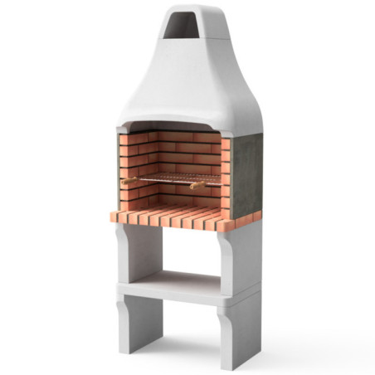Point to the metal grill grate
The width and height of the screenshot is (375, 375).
(x=174, y=178)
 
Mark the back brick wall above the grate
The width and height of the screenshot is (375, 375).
(x=175, y=153)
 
